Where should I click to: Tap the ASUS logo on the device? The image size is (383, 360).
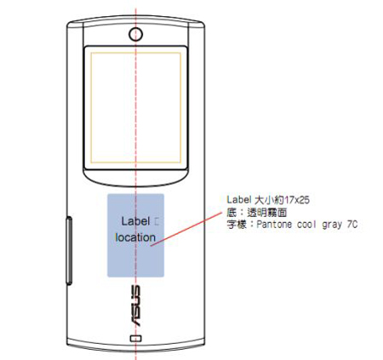pyautogui.click(x=135, y=306)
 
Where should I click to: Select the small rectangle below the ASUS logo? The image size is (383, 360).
pyautogui.click(x=135, y=338)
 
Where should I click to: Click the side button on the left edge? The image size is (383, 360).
pyautogui.click(x=69, y=250)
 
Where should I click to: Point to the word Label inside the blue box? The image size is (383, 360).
pyautogui.click(x=135, y=221)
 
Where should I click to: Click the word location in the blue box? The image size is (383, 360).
pyautogui.click(x=135, y=237)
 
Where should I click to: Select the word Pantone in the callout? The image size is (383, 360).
pyautogui.click(x=274, y=225)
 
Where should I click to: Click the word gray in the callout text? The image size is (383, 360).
pyautogui.click(x=332, y=225)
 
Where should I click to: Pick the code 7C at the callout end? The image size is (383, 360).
pyautogui.click(x=352, y=225)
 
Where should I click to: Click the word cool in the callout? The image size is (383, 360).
pyautogui.click(x=306, y=225)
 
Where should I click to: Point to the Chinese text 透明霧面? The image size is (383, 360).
pyautogui.click(x=267, y=212)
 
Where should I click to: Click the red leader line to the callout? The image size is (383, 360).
pyautogui.click(x=186, y=229)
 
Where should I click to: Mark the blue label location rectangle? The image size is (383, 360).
pyautogui.click(x=135, y=236)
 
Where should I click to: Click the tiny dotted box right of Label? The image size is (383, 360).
pyautogui.click(x=157, y=221)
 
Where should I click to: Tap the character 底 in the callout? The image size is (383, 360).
pyautogui.click(x=232, y=212)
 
